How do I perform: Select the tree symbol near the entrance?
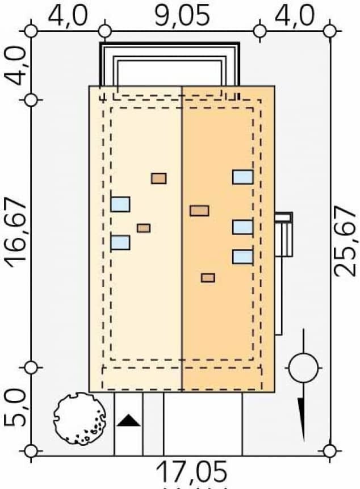[x=79, y=419]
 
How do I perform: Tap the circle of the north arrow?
[x=303, y=368]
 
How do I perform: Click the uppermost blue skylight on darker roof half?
[x=242, y=177]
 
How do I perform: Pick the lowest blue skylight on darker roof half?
[x=242, y=257]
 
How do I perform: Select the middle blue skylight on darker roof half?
[x=242, y=227]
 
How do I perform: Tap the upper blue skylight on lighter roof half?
[x=120, y=204]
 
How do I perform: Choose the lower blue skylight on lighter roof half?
[x=120, y=243]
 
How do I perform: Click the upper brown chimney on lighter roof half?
[x=159, y=178]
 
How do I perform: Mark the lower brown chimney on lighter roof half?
[x=144, y=228]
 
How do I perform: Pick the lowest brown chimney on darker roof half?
[x=208, y=278]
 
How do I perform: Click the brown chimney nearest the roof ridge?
[x=199, y=211]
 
